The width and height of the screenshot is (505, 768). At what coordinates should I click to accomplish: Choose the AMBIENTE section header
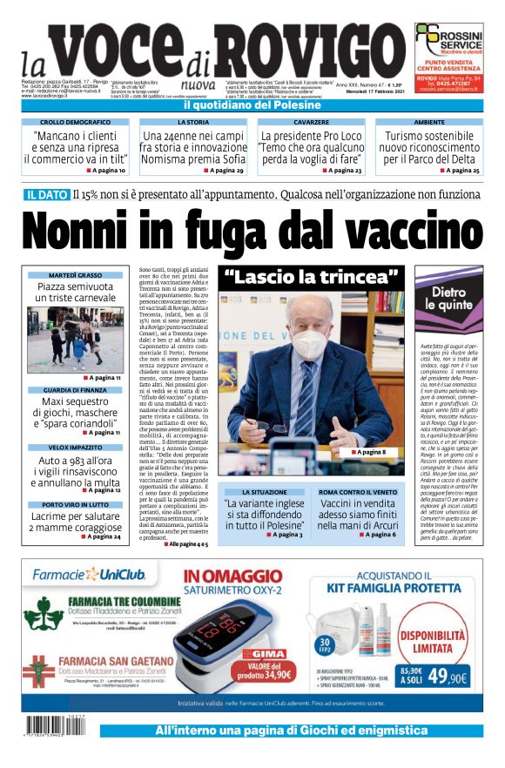click(x=429, y=123)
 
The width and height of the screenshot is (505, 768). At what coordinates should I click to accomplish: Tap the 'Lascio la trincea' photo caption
click(x=300, y=279)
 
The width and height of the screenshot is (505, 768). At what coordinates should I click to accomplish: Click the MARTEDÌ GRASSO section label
click(x=75, y=274)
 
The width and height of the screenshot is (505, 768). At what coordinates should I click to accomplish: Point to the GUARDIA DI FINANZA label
click(x=75, y=389)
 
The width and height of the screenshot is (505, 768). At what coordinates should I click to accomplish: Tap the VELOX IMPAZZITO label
click(x=75, y=446)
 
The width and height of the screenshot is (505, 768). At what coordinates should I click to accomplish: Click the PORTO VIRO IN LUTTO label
click(x=75, y=503)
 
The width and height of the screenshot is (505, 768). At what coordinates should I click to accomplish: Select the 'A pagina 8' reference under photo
click(x=369, y=451)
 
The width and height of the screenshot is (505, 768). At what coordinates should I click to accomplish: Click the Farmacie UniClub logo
click(x=91, y=574)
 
